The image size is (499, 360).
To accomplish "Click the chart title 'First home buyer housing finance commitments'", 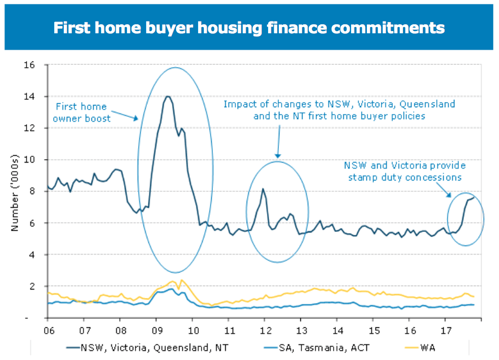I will click(x=249, y=28).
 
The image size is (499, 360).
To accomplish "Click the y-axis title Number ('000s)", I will click(x=15, y=192).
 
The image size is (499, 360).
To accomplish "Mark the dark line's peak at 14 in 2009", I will click(x=167, y=96).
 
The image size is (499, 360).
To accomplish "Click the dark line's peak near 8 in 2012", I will click(x=263, y=189).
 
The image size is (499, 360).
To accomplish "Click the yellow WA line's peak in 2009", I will click(x=182, y=280).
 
